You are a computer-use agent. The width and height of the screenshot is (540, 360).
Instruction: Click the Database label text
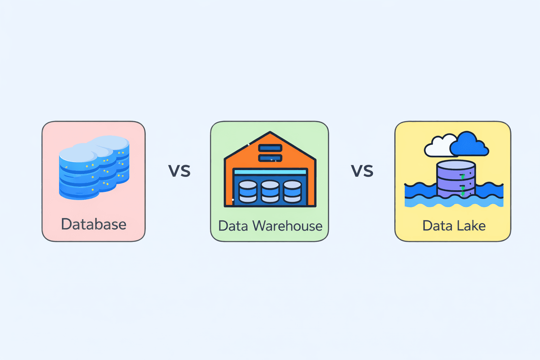[94, 224]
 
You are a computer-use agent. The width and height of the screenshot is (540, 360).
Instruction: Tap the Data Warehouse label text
[270, 226]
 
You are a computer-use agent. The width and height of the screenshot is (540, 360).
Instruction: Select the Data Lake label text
[454, 226]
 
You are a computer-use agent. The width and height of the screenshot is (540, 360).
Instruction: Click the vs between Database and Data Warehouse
[179, 171]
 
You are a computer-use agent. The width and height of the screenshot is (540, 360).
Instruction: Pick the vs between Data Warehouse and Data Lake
[362, 171]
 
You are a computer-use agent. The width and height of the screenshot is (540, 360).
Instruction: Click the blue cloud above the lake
[469, 145]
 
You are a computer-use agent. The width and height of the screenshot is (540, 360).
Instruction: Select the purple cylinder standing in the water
[456, 179]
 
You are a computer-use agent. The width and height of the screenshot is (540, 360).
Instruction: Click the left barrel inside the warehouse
[248, 192]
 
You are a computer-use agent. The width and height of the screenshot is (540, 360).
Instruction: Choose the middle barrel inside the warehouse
[270, 192]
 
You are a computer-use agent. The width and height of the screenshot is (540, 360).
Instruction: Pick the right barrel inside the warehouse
[292, 192]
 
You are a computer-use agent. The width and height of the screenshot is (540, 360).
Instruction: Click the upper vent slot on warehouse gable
[270, 148]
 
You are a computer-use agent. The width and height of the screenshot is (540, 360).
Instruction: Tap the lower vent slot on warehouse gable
[270, 158]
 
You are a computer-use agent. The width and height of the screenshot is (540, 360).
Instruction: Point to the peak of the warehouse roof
[270, 133]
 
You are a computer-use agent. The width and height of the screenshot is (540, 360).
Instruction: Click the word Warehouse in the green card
[287, 226]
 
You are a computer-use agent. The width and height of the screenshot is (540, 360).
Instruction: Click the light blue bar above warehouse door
[270, 172]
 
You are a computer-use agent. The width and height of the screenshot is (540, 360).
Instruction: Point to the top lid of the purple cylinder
[456, 165]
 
